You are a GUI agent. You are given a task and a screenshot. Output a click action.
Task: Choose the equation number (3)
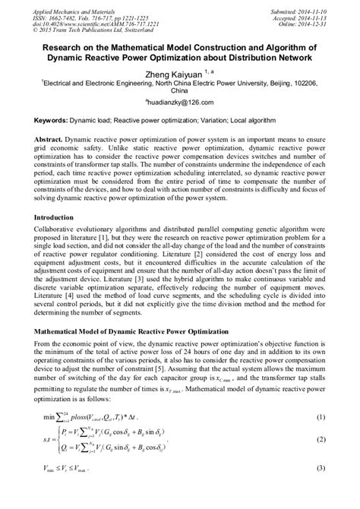(320, 490)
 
